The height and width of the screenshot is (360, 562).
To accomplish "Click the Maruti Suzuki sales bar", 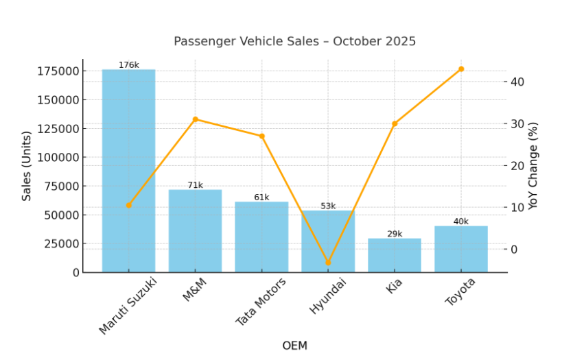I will tap(128, 171).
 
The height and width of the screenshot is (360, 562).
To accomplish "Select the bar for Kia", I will tap(394, 255).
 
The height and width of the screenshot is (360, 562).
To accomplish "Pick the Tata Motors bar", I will tap(261, 237).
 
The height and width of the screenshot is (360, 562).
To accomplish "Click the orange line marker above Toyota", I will tap(461, 69).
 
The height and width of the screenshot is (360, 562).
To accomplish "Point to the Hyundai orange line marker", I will tap(328, 263).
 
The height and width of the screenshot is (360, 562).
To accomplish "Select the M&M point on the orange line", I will tap(195, 119).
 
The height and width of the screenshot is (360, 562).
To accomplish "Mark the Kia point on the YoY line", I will tap(395, 123).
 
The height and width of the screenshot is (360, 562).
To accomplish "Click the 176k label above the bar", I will tap(128, 65).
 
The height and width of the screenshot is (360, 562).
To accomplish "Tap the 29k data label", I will tap(395, 234).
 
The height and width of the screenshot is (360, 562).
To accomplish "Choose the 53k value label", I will tap(328, 206).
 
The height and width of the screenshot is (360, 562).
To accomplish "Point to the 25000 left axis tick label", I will tap(60, 243).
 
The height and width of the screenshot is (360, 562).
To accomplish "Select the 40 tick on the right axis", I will tap(517, 82).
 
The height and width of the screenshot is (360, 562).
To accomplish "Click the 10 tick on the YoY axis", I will tap(517, 207).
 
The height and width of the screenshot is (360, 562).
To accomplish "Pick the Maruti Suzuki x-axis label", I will tap(128, 305).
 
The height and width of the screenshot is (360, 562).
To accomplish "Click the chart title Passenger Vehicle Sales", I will tap(294, 41).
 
